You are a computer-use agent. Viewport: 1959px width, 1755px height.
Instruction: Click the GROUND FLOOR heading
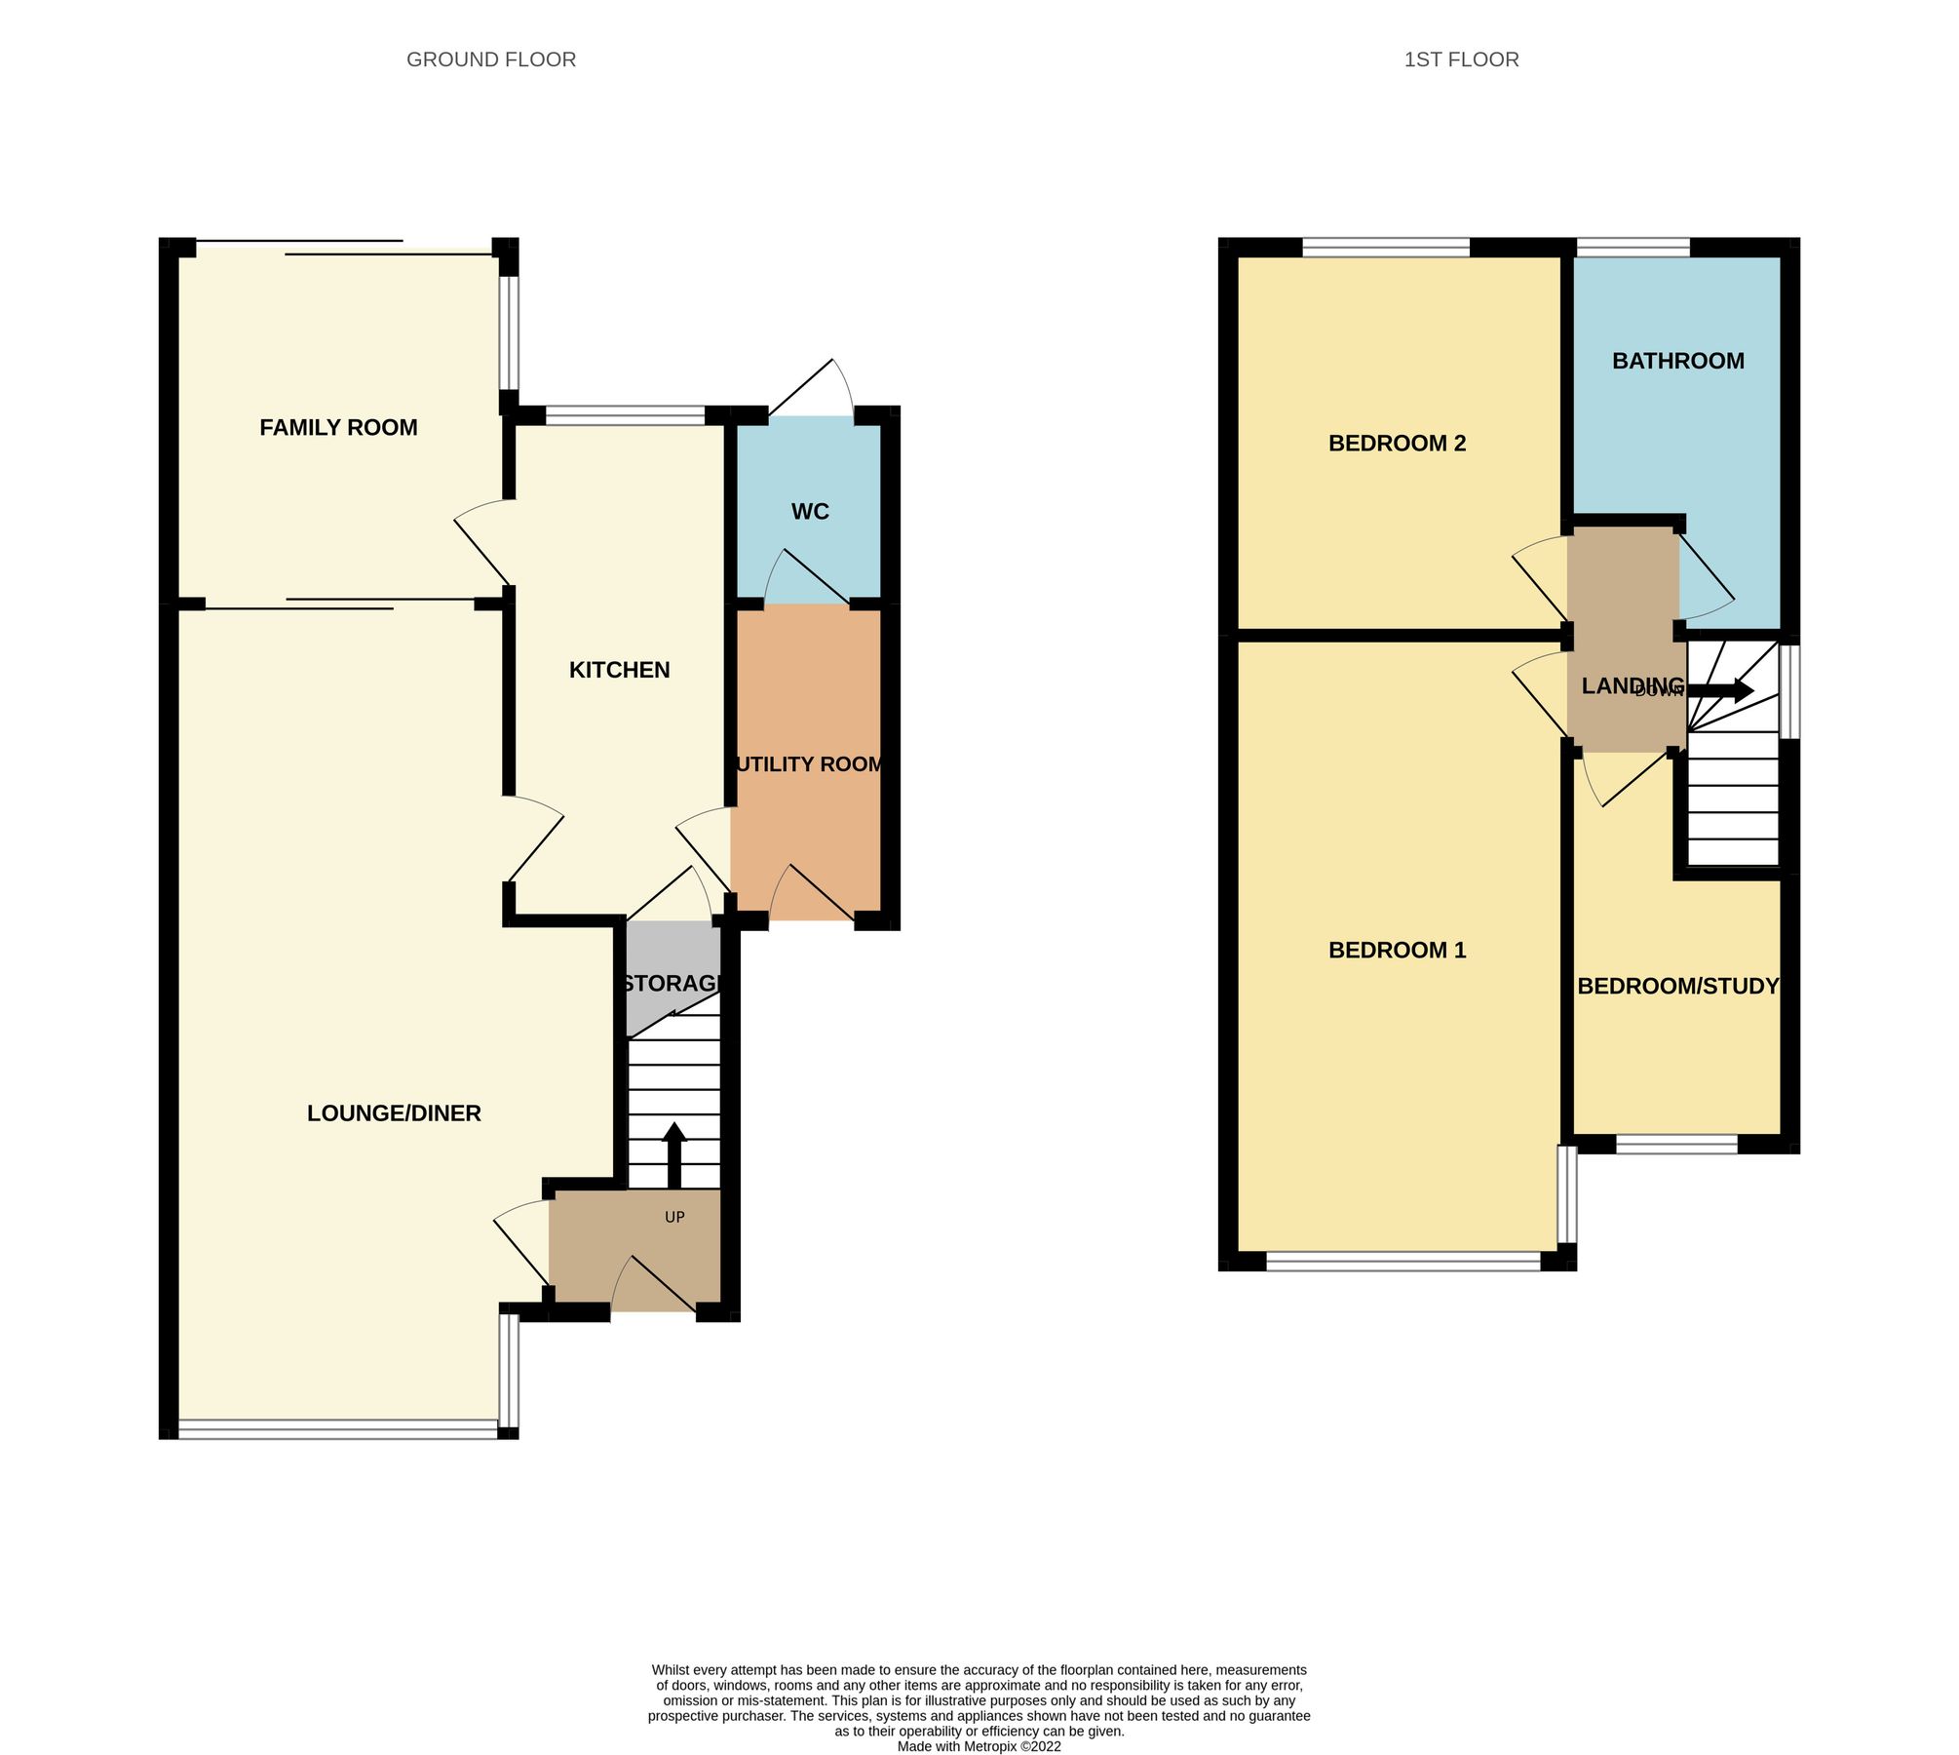tap(491, 59)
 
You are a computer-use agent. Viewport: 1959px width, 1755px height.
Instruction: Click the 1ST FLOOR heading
tap(1461, 59)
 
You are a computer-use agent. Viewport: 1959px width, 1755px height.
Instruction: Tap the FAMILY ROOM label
tap(338, 427)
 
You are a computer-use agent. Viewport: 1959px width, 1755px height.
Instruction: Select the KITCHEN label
tap(619, 670)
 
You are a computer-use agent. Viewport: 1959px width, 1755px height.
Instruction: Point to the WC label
tap(810, 512)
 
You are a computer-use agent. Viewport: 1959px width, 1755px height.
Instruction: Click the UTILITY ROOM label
tap(809, 764)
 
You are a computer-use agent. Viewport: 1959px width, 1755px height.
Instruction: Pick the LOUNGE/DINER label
tap(394, 1113)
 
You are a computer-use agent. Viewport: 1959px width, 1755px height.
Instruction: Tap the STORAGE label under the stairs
tap(672, 983)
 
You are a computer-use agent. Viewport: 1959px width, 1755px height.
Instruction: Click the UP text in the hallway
tap(674, 1217)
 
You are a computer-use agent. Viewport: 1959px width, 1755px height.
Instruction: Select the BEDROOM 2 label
tap(1397, 444)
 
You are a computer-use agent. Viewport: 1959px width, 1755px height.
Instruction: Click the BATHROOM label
tap(1677, 361)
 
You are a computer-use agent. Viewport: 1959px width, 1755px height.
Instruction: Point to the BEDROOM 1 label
tap(1397, 950)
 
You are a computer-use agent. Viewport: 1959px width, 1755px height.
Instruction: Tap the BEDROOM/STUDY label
tap(1677, 986)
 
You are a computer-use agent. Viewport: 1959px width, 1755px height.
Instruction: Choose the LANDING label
tap(1632, 685)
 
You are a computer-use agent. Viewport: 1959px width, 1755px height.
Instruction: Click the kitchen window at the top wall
tap(625, 416)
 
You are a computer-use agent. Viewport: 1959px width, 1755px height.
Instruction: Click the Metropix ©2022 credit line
tap(979, 1746)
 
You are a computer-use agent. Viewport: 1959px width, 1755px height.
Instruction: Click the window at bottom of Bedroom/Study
tap(1676, 1145)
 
